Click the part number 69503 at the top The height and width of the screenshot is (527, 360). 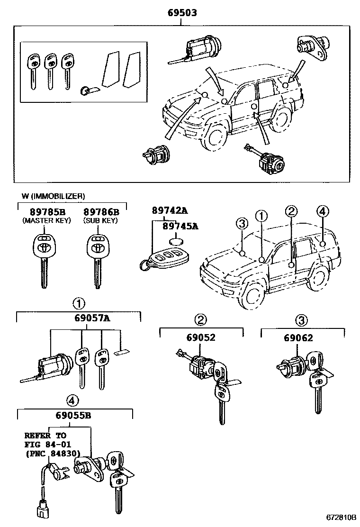pos(181,13)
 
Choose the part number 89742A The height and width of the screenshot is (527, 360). pos(170,210)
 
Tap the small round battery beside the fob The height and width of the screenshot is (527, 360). pos(178,242)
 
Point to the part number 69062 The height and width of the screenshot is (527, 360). pos(298,337)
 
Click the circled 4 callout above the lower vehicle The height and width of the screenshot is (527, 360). pos(321,211)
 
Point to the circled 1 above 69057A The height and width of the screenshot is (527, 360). pos(79,302)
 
